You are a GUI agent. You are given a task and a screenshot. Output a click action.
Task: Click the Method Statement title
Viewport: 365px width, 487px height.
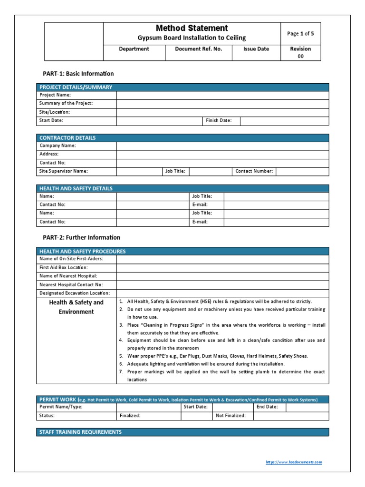[192, 28]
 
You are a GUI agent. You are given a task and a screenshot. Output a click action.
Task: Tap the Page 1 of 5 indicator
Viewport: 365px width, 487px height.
[300, 34]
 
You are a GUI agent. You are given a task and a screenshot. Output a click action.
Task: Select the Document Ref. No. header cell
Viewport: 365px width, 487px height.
[198, 49]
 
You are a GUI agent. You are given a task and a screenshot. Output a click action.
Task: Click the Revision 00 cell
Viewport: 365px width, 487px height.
[300, 52]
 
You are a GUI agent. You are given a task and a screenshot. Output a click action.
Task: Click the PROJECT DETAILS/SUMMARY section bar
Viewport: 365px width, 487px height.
[182, 87]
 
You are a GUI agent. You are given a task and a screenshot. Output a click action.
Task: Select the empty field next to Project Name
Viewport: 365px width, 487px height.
[222, 95]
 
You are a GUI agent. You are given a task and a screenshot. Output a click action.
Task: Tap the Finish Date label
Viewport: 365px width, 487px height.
[219, 121]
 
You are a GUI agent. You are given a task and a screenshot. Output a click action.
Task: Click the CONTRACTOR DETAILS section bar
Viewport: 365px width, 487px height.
[182, 138]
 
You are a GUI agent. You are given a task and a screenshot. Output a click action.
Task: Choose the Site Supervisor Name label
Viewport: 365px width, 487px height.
[64, 171]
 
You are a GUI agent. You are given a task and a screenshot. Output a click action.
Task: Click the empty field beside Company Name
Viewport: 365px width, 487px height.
[222, 146]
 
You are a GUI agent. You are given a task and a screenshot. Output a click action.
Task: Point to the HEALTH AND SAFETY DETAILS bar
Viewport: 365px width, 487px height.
[182, 188]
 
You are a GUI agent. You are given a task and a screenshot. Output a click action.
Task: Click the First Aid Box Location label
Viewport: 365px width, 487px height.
[64, 267]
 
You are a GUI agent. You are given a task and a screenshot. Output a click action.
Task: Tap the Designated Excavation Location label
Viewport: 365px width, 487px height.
[75, 293]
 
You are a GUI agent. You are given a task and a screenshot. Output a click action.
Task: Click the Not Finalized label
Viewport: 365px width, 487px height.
[231, 416]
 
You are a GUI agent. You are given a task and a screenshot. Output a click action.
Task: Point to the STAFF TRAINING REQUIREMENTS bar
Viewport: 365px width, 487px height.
[182, 432]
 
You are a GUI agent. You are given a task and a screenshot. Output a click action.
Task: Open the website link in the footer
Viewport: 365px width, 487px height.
[294, 462]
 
